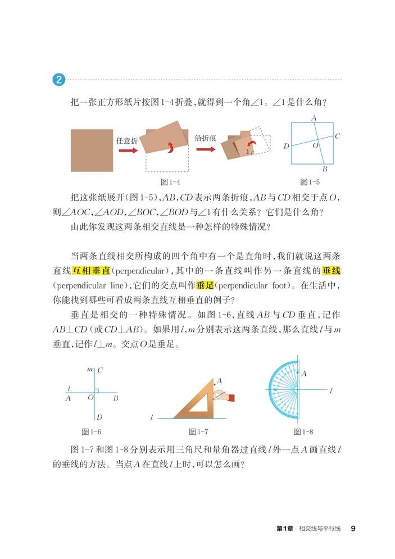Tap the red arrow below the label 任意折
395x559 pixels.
click(x=127, y=150)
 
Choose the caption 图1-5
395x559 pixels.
click(x=310, y=182)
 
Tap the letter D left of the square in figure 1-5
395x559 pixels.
click(x=286, y=147)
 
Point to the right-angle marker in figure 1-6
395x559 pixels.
click(x=97, y=390)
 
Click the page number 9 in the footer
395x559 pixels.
click(x=353, y=528)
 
